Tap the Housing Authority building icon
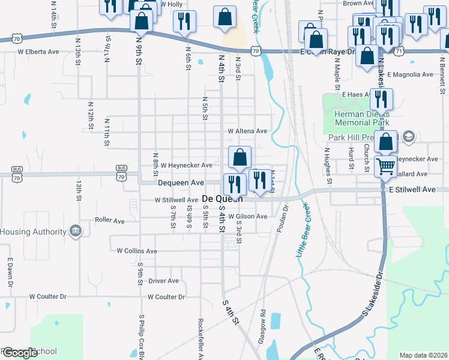pyautogui.click(x=75, y=232)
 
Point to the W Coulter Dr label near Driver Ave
pyautogui.click(x=166, y=296)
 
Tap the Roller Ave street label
pyautogui.click(x=109, y=220)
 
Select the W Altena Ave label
pyautogui.click(x=247, y=131)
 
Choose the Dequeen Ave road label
pyautogui.click(x=181, y=182)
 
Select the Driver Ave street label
pyautogui.click(x=163, y=280)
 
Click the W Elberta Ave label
pyautogui.click(x=38, y=52)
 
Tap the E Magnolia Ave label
pyautogui.click(x=410, y=74)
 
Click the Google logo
pyautogui.click(x=20, y=353)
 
